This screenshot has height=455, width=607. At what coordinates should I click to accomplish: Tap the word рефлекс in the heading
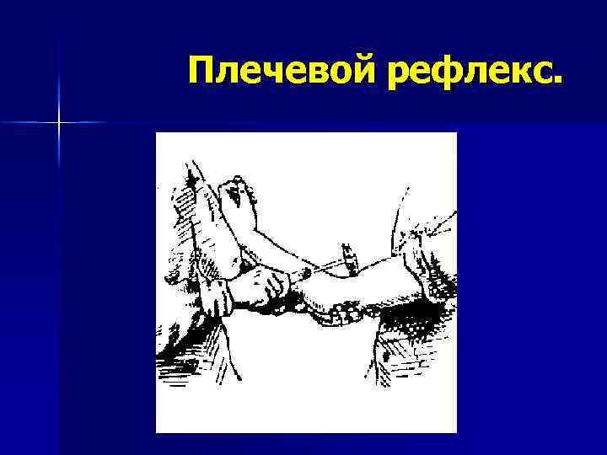473,73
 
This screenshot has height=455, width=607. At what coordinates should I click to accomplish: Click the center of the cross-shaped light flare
59,122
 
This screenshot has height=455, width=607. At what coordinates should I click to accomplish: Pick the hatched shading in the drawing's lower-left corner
181,371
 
